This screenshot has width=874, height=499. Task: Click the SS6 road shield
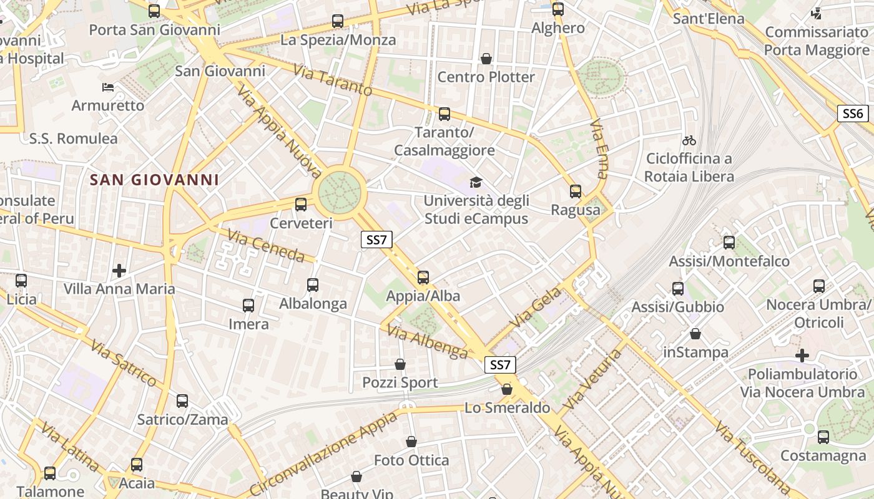click(x=852, y=114)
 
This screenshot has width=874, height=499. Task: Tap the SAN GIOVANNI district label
click(x=154, y=180)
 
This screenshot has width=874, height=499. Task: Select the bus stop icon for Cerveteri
click(x=301, y=205)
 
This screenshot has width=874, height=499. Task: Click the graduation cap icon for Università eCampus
click(x=476, y=183)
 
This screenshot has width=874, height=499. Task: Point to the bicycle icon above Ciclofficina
click(x=689, y=140)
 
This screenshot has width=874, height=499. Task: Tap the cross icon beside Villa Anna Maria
click(x=119, y=271)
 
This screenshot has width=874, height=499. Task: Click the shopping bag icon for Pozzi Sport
click(x=400, y=364)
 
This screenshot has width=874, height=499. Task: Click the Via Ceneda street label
click(x=266, y=246)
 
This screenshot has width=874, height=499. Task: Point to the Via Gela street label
click(x=536, y=308)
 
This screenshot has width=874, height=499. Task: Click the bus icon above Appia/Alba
click(x=423, y=277)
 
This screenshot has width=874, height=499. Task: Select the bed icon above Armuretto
click(x=108, y=87)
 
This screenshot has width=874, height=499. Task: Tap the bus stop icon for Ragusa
click(x=576, y=191)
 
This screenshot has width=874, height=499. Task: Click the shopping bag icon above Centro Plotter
click(x=486, y=59)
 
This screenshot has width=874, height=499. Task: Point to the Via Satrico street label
click(x=123, y=362)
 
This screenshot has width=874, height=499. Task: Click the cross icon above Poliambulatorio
click(x=802, y=356)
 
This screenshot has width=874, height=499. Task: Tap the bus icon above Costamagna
click(x=823, y=437)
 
